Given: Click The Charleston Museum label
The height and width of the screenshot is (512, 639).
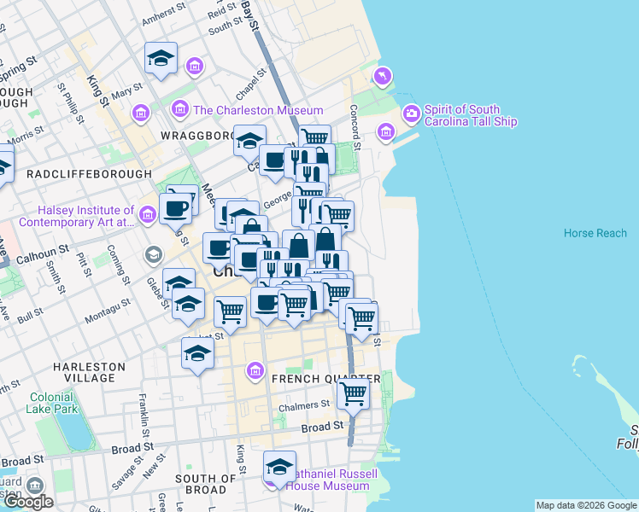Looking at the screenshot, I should (258, 110).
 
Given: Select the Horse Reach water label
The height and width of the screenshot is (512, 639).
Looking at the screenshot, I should (595, 233).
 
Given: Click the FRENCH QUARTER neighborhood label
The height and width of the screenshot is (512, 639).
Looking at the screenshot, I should (325, 379).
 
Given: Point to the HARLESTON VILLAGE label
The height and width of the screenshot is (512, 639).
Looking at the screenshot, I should (89, 372).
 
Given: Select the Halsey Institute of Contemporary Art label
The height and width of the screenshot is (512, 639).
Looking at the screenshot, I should (85, 216).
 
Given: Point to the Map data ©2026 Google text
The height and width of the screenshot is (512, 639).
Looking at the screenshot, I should (586, 505).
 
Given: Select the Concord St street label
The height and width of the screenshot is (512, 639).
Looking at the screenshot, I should (355, 124).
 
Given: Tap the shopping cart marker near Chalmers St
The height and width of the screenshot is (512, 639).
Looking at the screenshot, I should (352, 394).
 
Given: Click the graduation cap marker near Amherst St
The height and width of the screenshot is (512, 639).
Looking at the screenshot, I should (161, 58).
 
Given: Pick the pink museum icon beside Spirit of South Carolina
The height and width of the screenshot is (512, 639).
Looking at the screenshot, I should (411, 113).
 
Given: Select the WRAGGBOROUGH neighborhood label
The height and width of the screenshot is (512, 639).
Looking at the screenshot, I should (197, 136).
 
